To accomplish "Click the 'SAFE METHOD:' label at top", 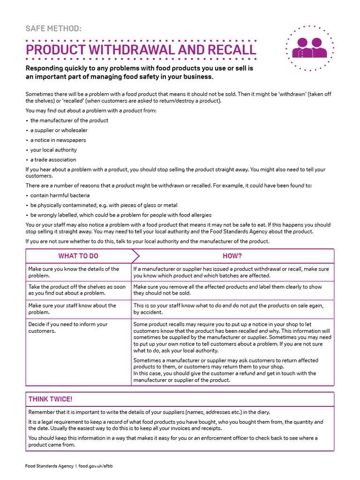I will click(x=53, y=29).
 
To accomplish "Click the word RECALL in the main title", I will click(x=230, y=50).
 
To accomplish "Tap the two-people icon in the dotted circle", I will click(x=309, y=48).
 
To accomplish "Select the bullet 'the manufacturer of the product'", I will click(x=69, y=120).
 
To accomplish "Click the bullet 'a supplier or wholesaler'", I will click(x=59, y=130).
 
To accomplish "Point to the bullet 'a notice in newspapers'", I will click(x=58, y=140).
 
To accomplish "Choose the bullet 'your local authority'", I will click(x=53, y=150).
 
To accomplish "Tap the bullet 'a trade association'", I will click(x=53, y=160).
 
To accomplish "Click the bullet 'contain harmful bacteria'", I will click(x=60, y=195).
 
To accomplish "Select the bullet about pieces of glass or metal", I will click(x=104, y=205).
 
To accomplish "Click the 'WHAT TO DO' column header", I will click(x=78, y=256).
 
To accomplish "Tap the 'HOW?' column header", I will click(x=232, y=256).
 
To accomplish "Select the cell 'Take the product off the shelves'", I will click(x=77, y=290).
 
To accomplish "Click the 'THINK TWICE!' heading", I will click(x=51, y=399).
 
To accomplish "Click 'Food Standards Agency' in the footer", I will click(x=49, y=466).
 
